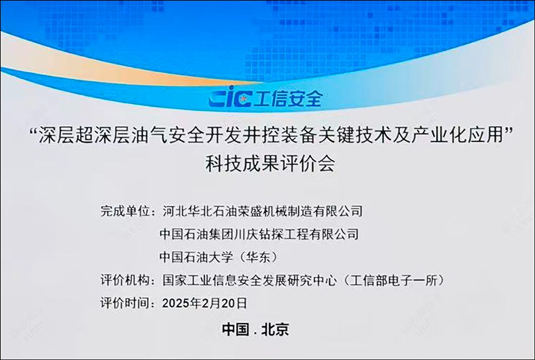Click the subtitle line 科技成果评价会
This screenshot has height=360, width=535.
[x=270, y=164]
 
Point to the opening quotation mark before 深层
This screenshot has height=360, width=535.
[x=33, y=131]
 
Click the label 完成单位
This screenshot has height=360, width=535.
[x=125, y=211]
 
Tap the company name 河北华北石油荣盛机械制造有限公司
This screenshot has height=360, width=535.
[x=262, y=211]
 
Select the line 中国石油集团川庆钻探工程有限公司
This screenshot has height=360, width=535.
[x=259, y=234]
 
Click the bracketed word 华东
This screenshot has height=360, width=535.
[x=259, y=257]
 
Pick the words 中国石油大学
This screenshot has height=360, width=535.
[x=196, y=257]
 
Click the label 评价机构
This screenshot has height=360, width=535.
[x=125, y=280]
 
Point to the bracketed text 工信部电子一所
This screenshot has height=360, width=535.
[x=394, y=280]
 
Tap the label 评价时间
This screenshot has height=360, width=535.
[x=125, y=303]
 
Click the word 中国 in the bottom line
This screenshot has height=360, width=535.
[x=235, y=330]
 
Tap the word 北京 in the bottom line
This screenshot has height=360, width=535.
[x=276, y=330]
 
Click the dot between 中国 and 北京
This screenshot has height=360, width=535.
[x=256, y=333]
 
